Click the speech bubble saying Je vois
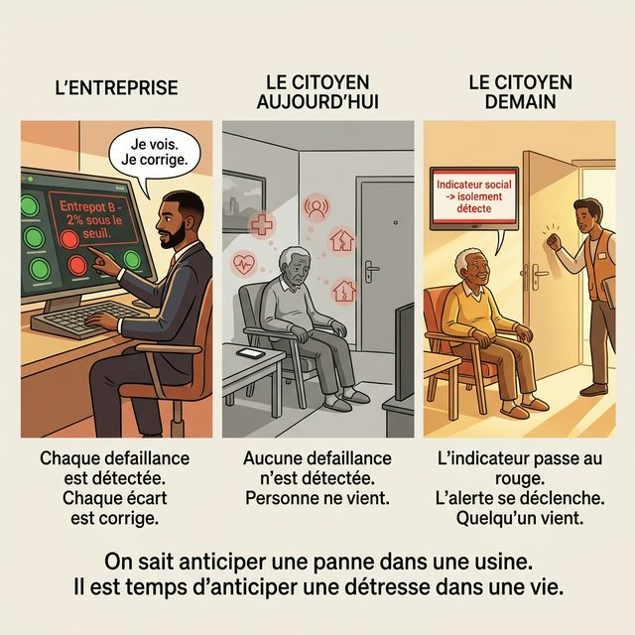click(155, 153)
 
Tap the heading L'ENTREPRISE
click(117, 88)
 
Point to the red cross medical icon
click(262, 224)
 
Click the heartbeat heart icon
click(243, 264)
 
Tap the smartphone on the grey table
click(250, 353)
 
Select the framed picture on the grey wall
click(243, 201)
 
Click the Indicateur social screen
click(474, 197)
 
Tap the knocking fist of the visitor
click(554, 242)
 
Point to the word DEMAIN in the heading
click(520, 101)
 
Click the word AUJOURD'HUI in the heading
click(317, 101)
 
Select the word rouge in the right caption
click(520, 479)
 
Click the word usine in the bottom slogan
click(508, 562)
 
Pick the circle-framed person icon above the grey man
click(317, 206)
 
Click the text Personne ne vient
click(317, 498)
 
